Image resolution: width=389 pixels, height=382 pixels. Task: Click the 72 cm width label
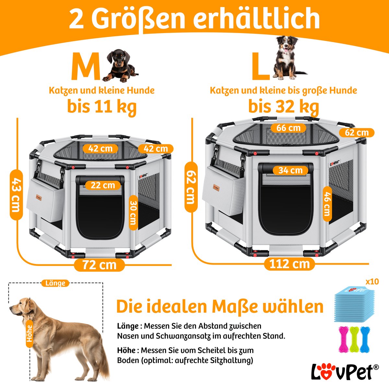(x=99, y=265)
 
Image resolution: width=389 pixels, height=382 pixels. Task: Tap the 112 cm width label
(x=289, y=264)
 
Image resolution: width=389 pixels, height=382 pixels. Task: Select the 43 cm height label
(x=16, y=195)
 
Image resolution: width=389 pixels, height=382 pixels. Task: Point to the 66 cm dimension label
(x=288, y=128)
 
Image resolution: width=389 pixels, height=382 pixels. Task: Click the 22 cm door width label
(x=103, y=185)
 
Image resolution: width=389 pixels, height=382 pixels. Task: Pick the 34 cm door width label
(x=290, y=170)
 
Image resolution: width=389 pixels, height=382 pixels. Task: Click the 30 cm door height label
(x=133, y=213)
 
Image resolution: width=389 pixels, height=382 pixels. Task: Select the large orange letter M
(x=85, y=66)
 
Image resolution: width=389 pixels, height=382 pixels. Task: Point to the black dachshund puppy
(x=120, y=66)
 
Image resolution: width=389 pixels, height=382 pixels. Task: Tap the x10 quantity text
(x=372, y=281)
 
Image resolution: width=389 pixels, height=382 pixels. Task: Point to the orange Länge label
(x=55, y=283)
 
